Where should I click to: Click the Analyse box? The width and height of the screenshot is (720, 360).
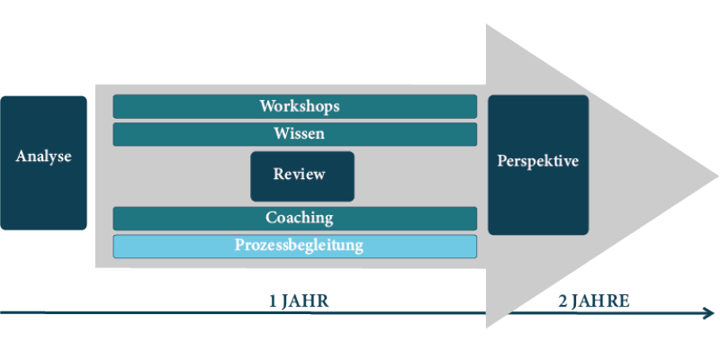tap(43, 163)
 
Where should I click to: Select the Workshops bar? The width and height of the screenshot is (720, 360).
tap(295, 106)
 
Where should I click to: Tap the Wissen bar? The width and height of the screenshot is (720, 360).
tap(295, 134)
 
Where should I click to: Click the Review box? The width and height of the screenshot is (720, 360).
tap(302, 176)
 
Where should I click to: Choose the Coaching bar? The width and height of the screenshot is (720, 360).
tap(295, 219)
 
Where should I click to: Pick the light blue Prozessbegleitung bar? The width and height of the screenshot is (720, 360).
tap(295, 246)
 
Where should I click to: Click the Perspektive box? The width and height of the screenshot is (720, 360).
tap(538, 166)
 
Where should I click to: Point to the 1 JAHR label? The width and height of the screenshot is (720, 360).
tap(299, 301)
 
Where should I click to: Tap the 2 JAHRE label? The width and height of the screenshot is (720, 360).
tap(594, 301)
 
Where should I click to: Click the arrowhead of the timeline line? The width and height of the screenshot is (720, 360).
tap(709, 313)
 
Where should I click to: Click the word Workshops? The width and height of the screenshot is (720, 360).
tap(300, 106)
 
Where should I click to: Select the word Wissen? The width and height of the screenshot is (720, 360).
tap(300, 133)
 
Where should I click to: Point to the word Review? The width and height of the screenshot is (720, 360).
tap(300, 174)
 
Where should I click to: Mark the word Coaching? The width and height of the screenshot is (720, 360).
tap(300, 217)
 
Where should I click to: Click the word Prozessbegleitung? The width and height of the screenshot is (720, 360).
tap(299, 245)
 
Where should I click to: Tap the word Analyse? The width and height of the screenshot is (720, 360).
tap(43, 157)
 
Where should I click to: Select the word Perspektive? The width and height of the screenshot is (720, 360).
tap(537, 161)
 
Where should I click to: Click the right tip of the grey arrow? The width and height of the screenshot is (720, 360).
tap(718, 176)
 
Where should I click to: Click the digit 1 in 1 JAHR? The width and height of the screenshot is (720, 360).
tap(273, 302)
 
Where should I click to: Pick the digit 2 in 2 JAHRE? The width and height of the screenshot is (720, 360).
tap(562, 302)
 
